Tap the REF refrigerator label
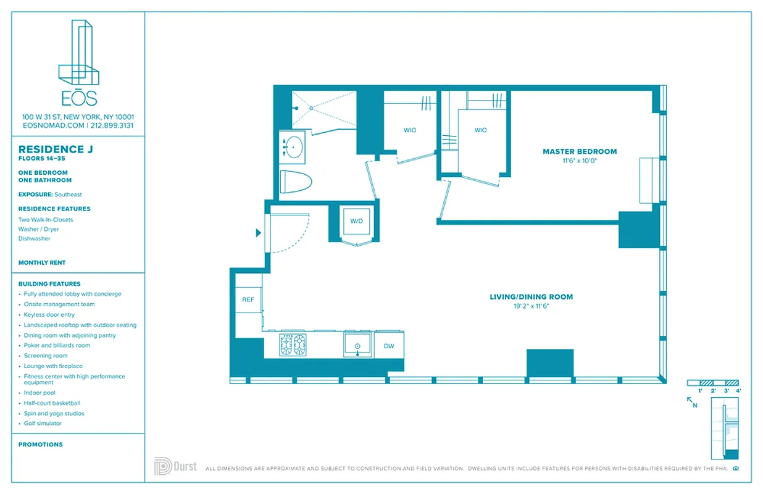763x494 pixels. [248, 299]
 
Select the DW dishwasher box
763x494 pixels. [389, 346]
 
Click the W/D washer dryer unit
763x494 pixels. [356, 221]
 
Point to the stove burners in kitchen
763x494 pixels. [293, 345]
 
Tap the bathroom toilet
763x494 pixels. [296, 182]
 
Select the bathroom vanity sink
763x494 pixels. [293, 147]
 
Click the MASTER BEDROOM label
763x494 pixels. [579, 151]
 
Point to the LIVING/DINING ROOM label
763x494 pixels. [531, 297]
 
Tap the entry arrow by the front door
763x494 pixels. [259, 233]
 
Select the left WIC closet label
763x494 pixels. [410, 130]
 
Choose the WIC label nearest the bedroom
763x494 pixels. [480, 130]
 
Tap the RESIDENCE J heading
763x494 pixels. [51, 149]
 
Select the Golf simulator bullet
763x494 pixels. [43, 424]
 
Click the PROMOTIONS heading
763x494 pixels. [41, 445]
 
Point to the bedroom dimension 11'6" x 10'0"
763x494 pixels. [579, 161]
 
